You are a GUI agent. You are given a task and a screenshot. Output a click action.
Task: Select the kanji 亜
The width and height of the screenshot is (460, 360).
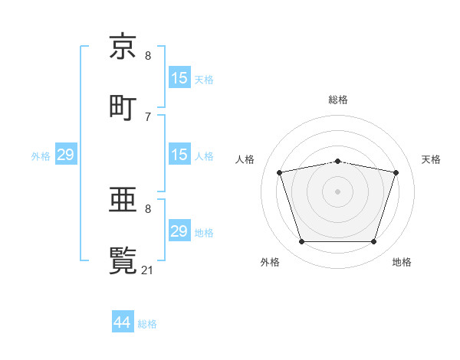(x=123, y=200)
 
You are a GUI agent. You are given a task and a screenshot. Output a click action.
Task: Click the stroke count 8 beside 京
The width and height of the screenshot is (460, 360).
(x=148, y=56)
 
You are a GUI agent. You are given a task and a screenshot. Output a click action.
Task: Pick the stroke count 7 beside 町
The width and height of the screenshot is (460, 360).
(x=148, y=116)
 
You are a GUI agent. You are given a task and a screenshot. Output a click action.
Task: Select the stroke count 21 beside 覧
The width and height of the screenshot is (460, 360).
(x=149, y=270)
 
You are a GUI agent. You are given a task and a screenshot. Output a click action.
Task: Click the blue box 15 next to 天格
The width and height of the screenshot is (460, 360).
(x=179, y=78)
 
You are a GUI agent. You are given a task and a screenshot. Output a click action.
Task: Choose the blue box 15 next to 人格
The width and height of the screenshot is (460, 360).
(x=179, y=155)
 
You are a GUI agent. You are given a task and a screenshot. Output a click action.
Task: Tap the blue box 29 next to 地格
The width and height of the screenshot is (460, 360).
(x=179, y=231)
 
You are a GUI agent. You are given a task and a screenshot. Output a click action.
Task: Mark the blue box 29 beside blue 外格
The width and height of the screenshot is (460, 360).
(x=65, y=155)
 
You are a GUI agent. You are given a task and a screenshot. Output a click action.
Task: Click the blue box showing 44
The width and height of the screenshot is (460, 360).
(x=123, y=322)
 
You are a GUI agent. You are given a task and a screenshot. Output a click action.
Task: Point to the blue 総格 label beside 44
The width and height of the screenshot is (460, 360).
(x=147, y=324)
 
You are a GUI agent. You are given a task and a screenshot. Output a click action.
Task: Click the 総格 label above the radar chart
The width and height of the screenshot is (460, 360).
(x=338, y=100)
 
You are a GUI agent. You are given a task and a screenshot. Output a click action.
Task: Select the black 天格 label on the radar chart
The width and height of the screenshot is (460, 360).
(x=432, y=159)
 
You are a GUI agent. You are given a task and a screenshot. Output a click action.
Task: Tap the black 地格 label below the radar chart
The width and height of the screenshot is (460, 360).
(x=402, y=262)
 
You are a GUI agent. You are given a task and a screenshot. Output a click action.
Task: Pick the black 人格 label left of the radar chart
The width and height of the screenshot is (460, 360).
(x=245, y=159)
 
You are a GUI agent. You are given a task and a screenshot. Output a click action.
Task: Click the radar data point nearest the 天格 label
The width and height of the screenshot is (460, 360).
(x=396, y=172)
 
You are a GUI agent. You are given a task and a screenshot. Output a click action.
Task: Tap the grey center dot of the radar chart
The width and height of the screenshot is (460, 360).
(x=338, y=191)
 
